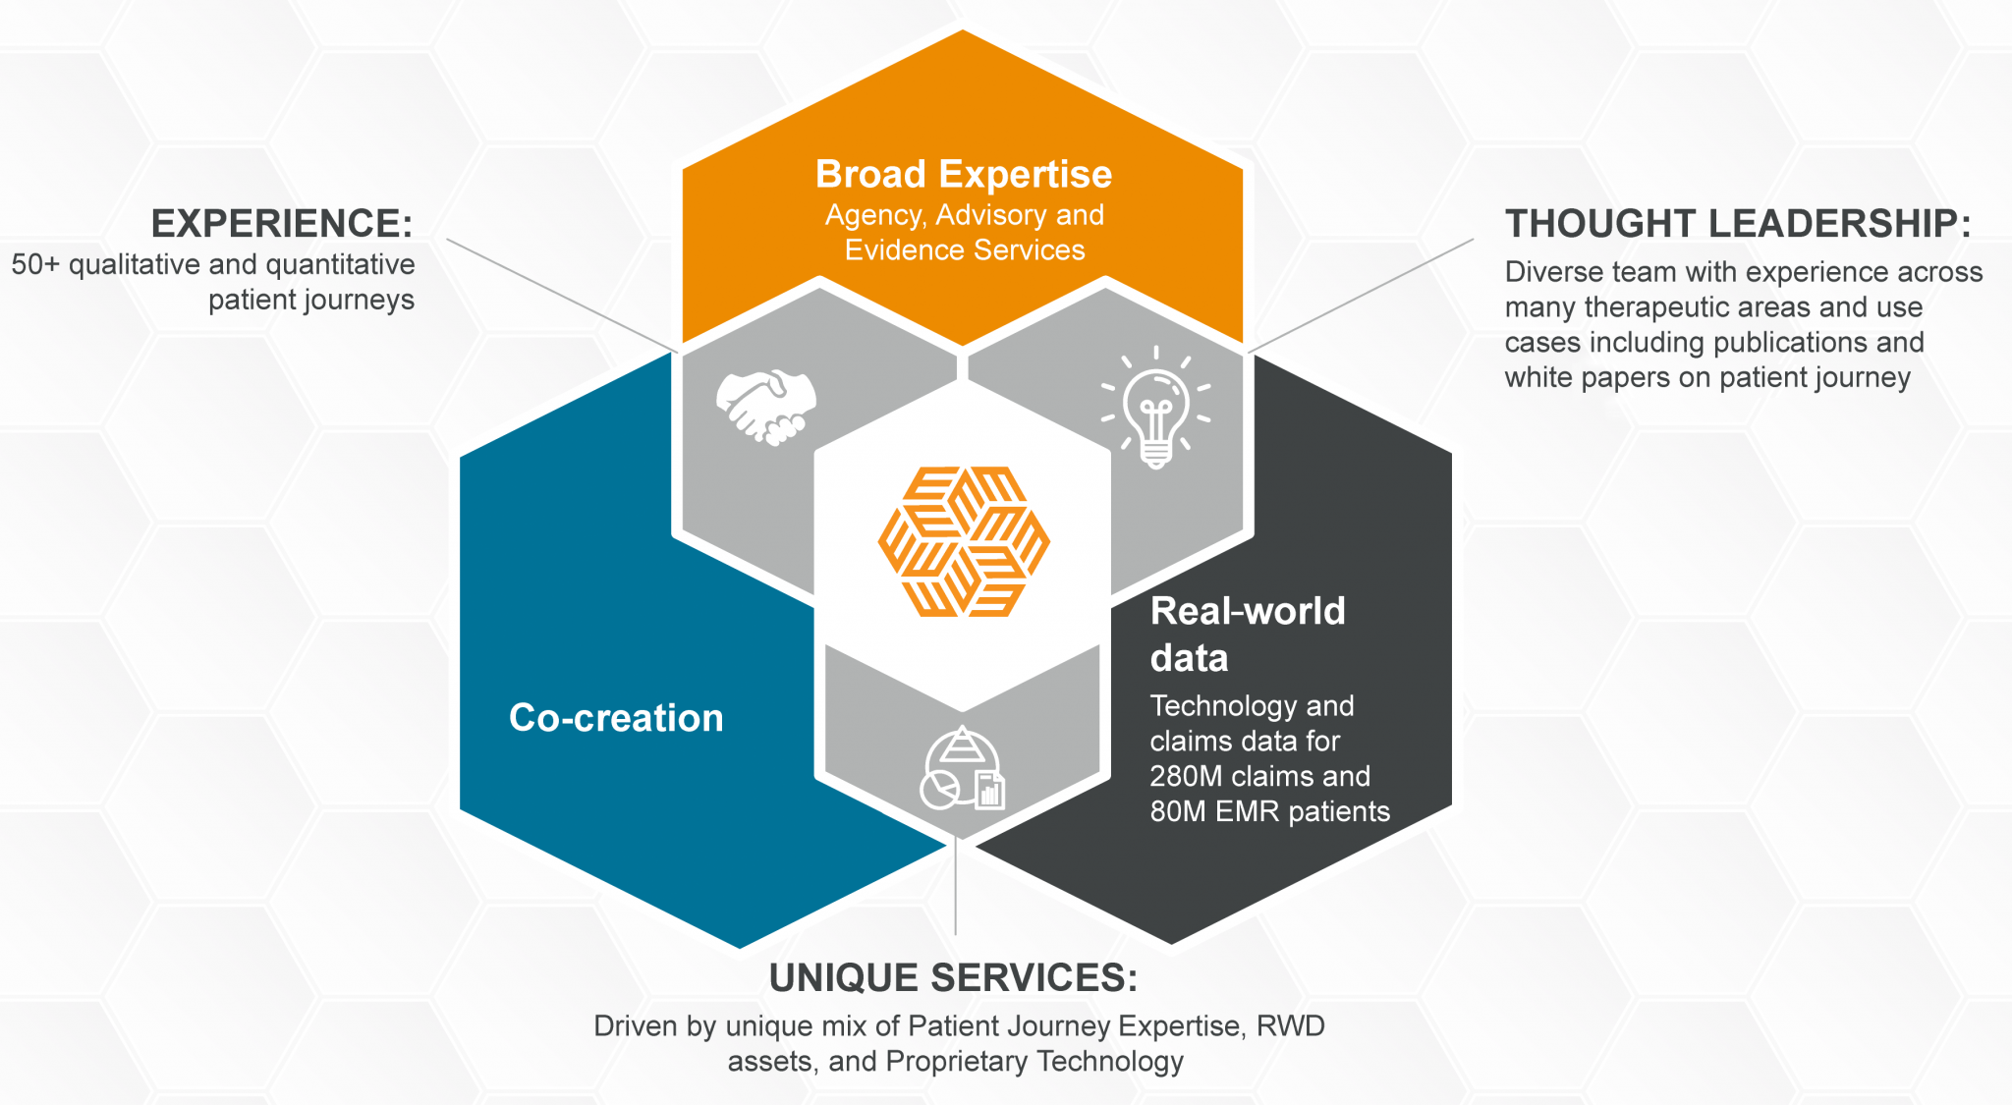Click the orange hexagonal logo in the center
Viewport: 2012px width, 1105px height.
[x=964, y=541]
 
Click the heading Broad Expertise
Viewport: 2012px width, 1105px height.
[x=964, y=175]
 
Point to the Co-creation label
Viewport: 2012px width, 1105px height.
[x=616, y=718]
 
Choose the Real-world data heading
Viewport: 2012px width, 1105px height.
[x=1247, y=635]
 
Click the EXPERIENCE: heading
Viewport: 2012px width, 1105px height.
[x=282, y=224]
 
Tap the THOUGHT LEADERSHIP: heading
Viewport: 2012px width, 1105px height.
[x=1738, y=224]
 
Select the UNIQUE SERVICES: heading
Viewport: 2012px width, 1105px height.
[x=953, y=978]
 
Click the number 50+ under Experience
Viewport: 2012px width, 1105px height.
[x=35, y=265]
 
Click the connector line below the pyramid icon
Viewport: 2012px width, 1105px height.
[x=956, y=889]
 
